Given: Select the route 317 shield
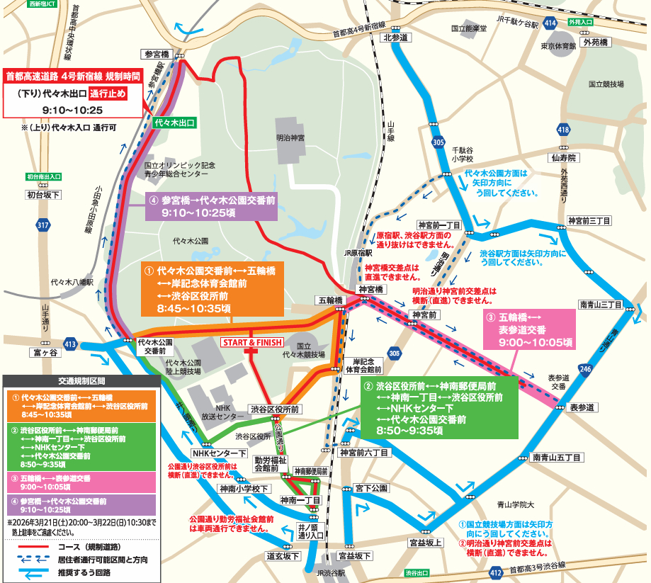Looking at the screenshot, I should (x=44, y=225).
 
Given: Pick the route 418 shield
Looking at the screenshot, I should (x=562, y=130).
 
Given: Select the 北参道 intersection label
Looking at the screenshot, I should (x=396, y=38).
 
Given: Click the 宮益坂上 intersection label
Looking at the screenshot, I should (x=426, y=543).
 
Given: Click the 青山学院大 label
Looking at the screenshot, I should (x=514, y=505).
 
